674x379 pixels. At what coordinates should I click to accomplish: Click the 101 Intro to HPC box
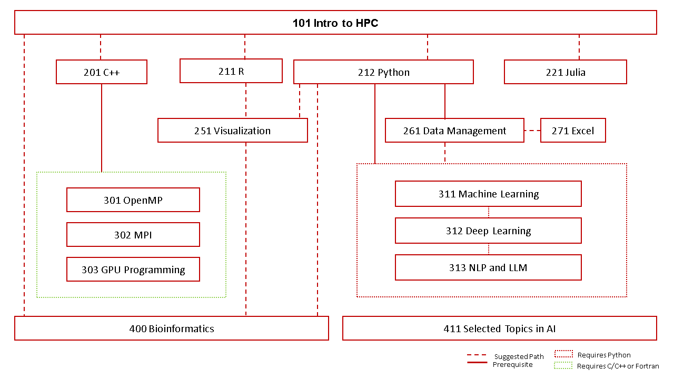click(335, 23)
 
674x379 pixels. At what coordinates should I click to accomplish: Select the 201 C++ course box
click(102, 72)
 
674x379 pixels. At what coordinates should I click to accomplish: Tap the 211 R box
click(231, 71)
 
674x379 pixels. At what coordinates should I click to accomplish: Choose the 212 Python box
click(383, 72)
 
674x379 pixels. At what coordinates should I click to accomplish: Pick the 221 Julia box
click(566, 72)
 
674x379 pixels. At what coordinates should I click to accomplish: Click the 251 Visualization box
click(232, 131)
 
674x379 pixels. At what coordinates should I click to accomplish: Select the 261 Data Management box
click(454, 131)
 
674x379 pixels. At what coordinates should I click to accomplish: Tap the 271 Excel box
click(573, 131)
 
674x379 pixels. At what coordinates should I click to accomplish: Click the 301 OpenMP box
click(133, 200)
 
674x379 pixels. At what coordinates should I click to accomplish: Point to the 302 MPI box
click(133, 235)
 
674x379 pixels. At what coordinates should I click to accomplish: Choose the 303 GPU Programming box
click(133, 270)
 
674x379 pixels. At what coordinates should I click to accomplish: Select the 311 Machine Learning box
click(488, 194)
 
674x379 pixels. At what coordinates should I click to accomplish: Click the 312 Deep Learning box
click(488, 231)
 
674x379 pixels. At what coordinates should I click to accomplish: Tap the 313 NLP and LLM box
click(488, 267)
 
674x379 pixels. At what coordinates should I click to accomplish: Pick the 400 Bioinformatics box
click(172, 328)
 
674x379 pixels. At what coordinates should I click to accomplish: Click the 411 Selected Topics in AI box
click(500, 328)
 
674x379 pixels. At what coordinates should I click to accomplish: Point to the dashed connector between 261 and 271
click(532, 131)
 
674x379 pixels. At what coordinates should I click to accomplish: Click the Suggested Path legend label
click(519, 356)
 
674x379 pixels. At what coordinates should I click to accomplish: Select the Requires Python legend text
click(604, 355)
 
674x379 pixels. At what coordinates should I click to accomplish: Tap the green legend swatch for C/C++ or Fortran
click(563, 365)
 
